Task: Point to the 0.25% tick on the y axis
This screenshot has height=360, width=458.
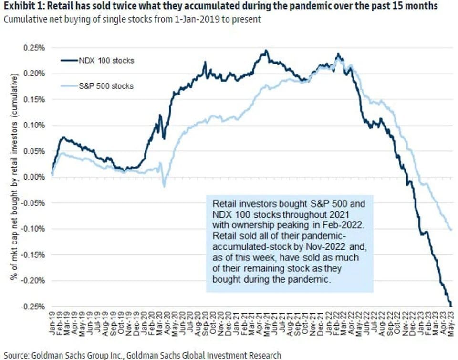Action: [x=34, y=48]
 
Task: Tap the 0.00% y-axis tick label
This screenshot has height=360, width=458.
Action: [x=34, y=177]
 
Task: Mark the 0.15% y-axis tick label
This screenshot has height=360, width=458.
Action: [x=34, y=99]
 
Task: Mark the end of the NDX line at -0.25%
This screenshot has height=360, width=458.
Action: [x=451, y=305]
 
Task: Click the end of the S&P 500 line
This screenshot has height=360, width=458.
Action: [x=451, y=230]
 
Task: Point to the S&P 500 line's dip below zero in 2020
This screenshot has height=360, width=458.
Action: [x=164, y=185]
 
